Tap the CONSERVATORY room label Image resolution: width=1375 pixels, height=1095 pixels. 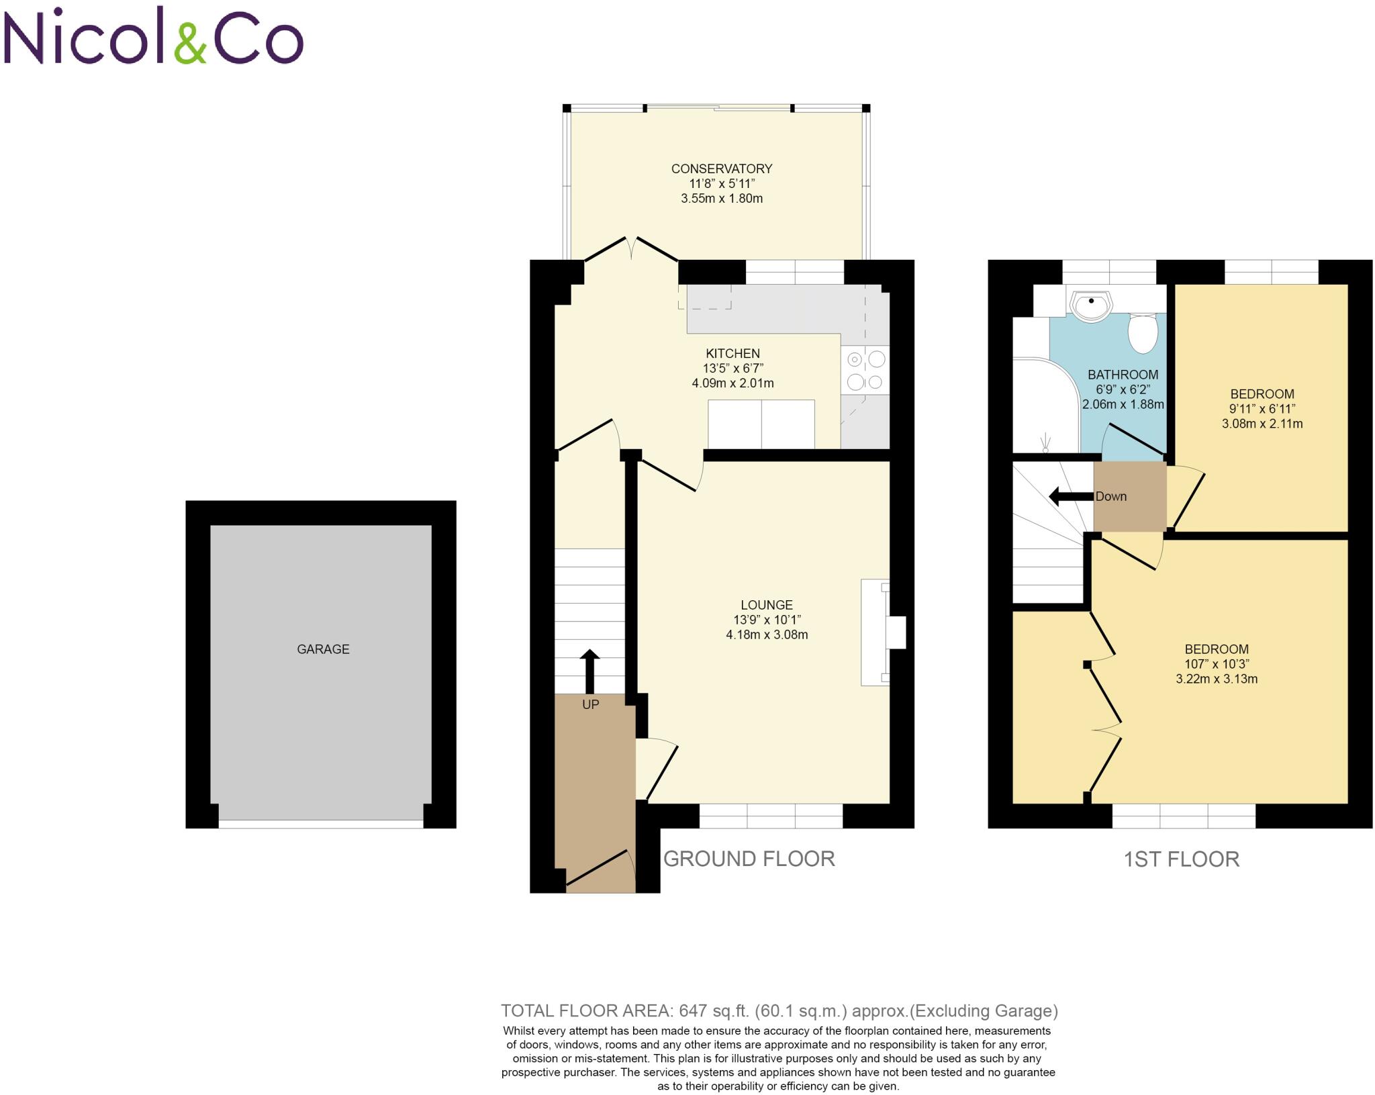click(x=722, y=169)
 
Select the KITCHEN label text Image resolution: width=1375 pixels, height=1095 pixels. click(x=732, y=353)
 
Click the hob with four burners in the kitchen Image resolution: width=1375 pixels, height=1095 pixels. click(x=865, y=370)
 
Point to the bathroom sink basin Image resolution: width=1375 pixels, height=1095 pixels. click(x=1090, y=307)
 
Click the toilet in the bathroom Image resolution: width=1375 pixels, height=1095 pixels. click(x=1143, y=333)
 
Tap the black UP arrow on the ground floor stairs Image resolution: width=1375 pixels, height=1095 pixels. click(x=589, y=671)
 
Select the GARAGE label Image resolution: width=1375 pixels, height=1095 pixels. click(x=323, y=649)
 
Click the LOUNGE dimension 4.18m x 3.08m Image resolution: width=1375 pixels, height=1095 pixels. click(x=767, y=634)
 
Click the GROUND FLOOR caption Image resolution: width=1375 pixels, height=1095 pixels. click(x=749, y=859)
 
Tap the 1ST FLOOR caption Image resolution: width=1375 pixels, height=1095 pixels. click(x=1182, y=859)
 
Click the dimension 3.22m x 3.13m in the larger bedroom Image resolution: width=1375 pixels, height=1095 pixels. click(x=1217, y=679)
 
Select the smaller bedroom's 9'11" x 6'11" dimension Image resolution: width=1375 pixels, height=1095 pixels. click(x=1262, y=409)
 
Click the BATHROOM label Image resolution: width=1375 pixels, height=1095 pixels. click(x=1123, y=375)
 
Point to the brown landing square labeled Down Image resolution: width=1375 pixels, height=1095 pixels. click(x=1129, y=497)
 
